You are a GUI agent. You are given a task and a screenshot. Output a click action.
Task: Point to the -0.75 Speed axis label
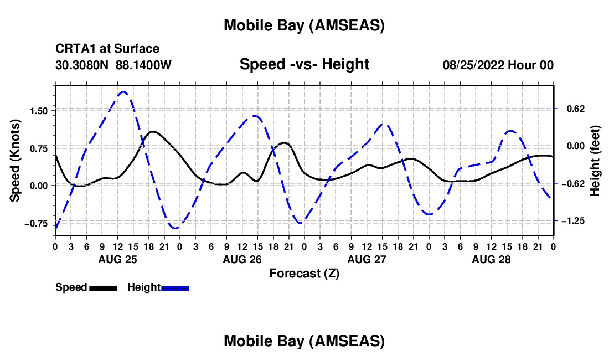coord(38,223)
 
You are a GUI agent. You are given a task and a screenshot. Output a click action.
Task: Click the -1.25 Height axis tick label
coord(572,220)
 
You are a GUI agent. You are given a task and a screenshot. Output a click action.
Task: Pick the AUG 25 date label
coord(117,259)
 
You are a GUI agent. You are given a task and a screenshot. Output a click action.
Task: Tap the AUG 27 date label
coord(367,259)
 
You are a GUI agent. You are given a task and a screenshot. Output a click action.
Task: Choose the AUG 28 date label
coord(491,259)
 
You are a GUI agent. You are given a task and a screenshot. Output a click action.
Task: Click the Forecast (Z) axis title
coord(304,273)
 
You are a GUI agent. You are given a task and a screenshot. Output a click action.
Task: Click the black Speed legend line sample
coord(103,287)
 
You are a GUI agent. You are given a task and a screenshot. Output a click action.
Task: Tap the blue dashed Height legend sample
coord(176,287)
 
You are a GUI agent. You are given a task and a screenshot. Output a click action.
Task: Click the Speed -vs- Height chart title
coord(304,64)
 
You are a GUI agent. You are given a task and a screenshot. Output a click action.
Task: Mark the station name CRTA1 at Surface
coord(107,49)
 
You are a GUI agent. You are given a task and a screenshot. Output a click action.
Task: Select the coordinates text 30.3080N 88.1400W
coord(113,65)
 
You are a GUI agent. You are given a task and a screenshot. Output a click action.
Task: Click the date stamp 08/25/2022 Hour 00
coord(498,65)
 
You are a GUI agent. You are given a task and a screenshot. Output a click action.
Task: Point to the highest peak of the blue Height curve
coord(123,92)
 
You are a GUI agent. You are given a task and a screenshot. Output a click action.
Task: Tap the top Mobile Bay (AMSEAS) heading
coord(304,25)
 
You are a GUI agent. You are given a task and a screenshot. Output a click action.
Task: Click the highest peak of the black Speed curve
coord(153,131)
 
